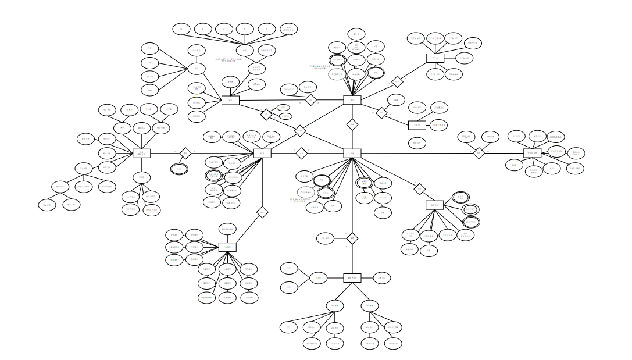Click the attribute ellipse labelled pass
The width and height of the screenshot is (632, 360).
[x=150, y=90]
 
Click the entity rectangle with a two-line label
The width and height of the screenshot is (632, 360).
[x=142, y=152]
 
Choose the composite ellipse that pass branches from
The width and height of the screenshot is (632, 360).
[x=193, y=69]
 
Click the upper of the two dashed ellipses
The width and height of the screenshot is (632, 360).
[x=335, y=75]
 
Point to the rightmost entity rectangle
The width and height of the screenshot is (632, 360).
[x=533, y=153]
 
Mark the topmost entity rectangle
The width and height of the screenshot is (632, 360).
[x=435, y=58]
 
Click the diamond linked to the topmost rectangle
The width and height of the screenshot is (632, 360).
[x=397, y=81]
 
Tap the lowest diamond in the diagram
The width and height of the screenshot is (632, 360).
[x=351, y=238]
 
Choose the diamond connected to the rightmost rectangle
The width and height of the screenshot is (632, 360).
[x=478, y=153]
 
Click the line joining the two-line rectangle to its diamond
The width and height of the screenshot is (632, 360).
[x=166, y=153]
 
